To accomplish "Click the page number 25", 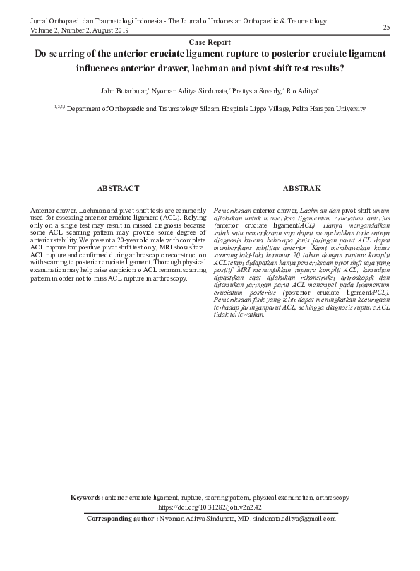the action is tap(386, 27).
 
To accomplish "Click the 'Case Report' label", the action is tap(210, 42).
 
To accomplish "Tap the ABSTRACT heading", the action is tap(118, 189).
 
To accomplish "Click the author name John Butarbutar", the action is tap(124, 91).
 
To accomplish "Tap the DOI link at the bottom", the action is tap(210, 507).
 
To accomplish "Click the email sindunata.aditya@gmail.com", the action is tap(292, 518).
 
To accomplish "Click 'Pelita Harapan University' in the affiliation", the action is tap(324, 109).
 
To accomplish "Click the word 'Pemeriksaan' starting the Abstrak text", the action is tap(232, 211).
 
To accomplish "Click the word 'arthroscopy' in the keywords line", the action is tap(332, 498).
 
